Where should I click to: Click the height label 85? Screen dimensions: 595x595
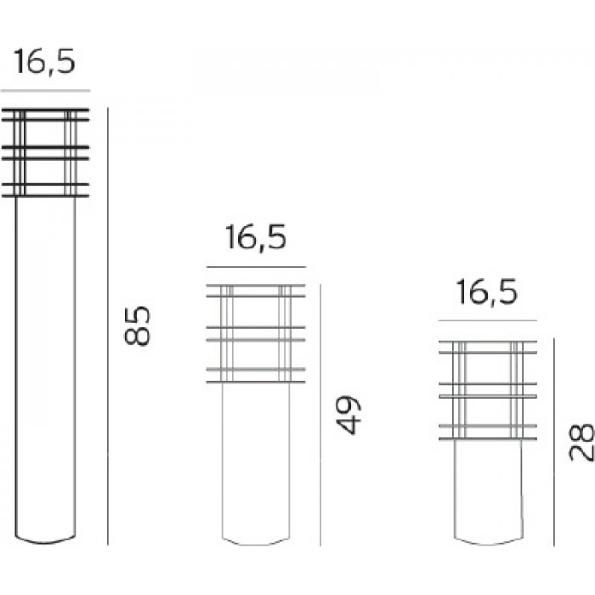point(138,326)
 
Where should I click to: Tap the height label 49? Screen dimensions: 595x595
point(348,415)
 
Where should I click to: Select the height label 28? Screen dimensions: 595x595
point(581,442)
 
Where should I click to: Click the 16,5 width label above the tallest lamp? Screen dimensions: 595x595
point(45,61)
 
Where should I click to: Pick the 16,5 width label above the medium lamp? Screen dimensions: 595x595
point(256,237)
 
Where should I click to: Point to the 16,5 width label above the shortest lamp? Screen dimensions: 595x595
point(487,292)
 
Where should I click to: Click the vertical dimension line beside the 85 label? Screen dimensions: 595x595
point(108,326)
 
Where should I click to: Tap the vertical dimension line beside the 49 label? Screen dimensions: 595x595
point(320,415)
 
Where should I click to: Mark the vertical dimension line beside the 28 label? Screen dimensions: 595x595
point(554,442)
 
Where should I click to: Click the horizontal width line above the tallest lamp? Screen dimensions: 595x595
point(45,91)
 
